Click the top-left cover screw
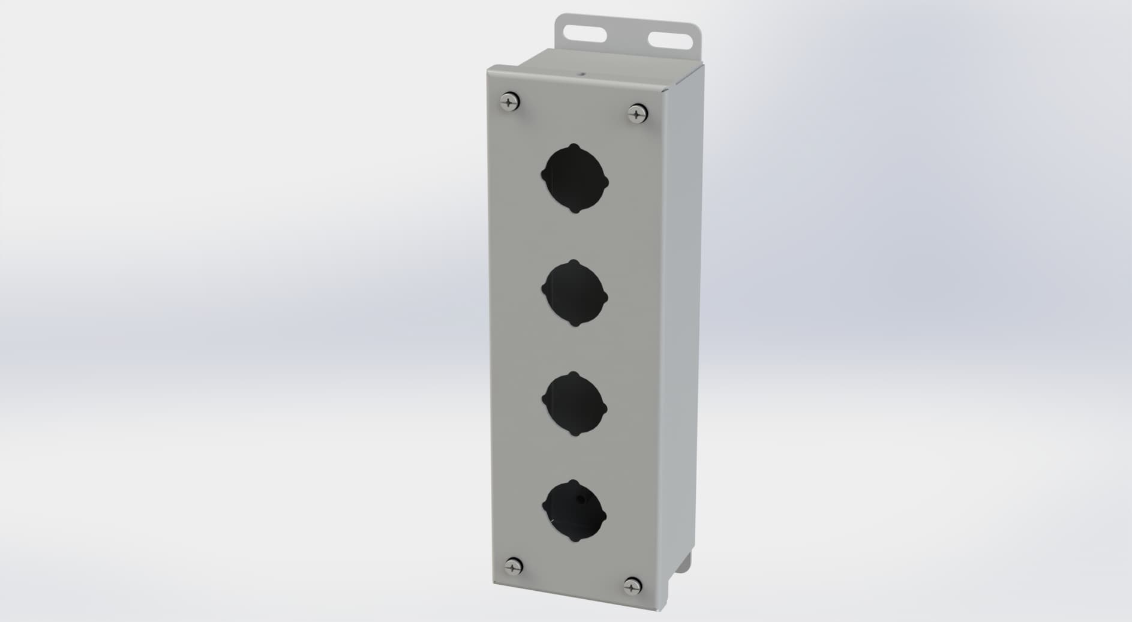click(509, 103)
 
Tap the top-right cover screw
click(636, 112)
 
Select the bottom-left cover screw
click(513, 566)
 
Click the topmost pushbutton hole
click(575, 178)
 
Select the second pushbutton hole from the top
click(575, 293)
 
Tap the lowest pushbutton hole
click(574, 512)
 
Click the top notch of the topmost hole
click(575, 146)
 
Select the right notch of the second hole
click(605, 298)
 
